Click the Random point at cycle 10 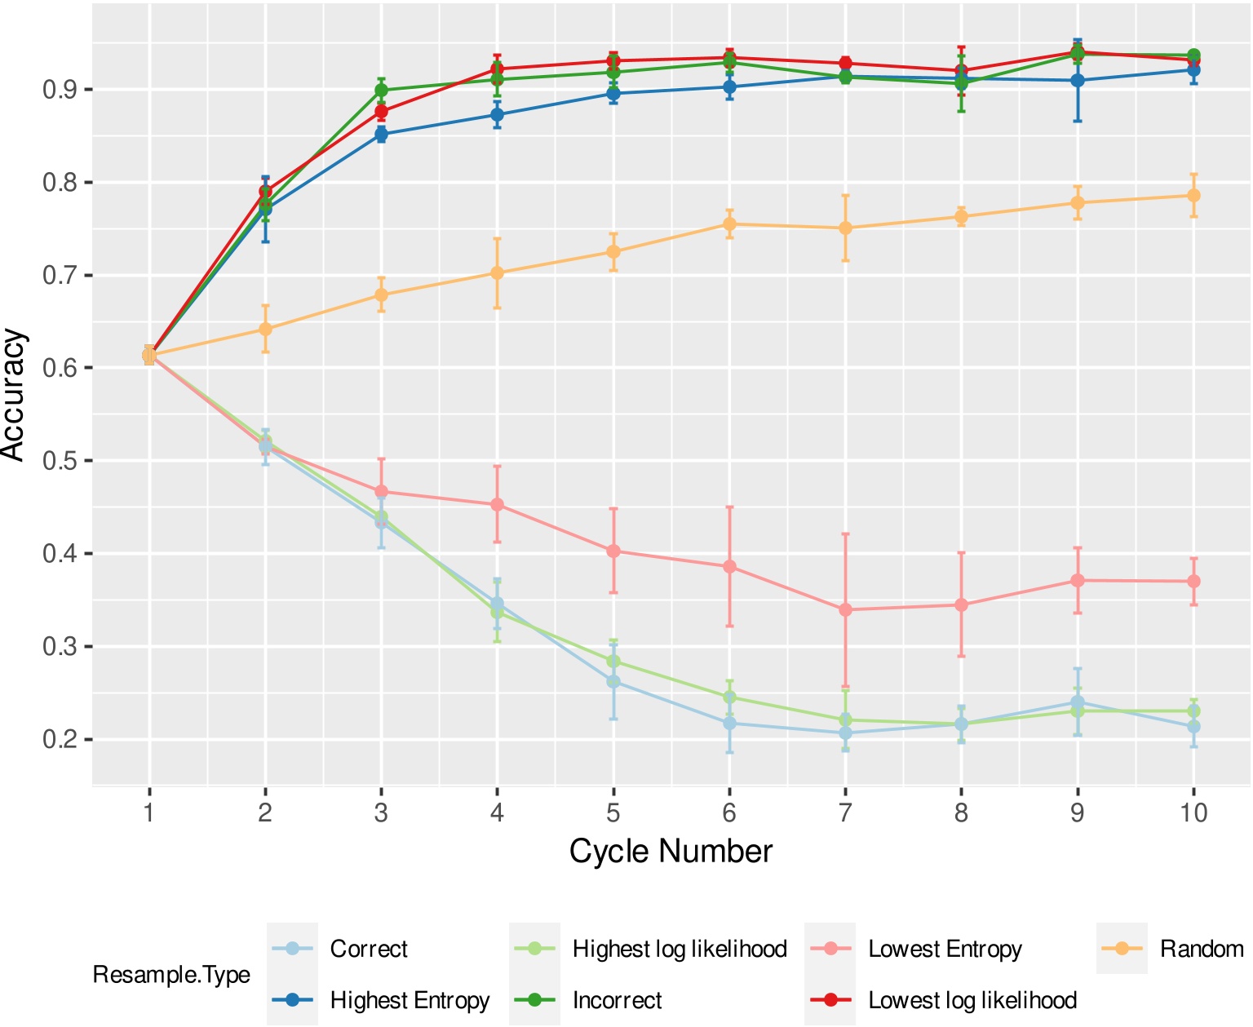pos(1193,196)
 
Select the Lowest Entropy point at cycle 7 pos(845,610)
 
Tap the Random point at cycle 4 pos(497,273)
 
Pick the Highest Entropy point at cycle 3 pos(381,135)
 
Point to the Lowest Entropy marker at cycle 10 pos(1193,582)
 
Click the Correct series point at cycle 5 pos(613,682)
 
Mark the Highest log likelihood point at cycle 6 pos(729,697)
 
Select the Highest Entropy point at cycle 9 pos(1078,81)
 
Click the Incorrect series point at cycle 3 pos(381,91)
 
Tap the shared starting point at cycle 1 pos(149,356)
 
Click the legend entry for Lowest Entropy pos(945,950)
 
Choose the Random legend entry pos(1201,950)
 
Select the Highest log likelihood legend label pos(680,950)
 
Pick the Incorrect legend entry pos(617,1001)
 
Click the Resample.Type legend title pos(171,975)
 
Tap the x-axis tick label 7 pos(845,813)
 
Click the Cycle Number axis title pos(671,852)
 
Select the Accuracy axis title pos(15,394)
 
